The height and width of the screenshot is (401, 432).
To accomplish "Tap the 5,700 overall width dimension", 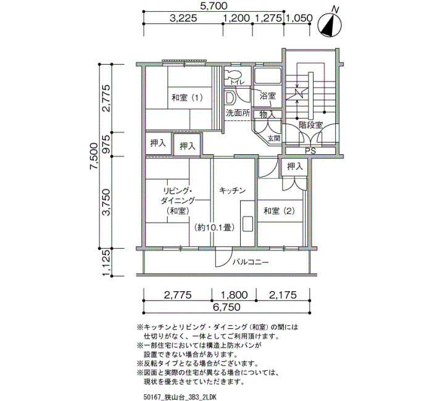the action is point(214,6).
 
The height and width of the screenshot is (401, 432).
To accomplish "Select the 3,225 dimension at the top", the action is point(183,18).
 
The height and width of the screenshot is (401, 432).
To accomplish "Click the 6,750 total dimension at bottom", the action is point(226,307).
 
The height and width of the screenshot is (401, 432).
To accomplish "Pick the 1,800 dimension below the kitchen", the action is point(234,295).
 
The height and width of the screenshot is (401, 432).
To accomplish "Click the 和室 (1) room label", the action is point(187,97).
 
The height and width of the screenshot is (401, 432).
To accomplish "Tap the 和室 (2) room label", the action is point(279,211).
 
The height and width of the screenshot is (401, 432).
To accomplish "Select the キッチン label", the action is point(232,190).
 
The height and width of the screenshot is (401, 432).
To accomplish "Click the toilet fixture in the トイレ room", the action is point(233,75).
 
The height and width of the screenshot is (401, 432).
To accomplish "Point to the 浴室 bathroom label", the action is point(268,96).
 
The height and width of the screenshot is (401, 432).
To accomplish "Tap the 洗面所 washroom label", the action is point(238,113).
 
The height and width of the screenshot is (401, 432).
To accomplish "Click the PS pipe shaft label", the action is point(310,151).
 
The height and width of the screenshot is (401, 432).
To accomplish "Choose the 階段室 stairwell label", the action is point(310,125).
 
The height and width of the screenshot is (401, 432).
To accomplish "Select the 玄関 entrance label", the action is point(274,138).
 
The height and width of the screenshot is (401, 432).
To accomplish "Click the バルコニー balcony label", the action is point(250,262).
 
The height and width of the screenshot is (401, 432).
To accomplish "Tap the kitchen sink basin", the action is point(247,225).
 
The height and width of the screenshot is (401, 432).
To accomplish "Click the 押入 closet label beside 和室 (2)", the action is point(295,167).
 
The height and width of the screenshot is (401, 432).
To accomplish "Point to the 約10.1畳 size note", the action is point(214,228).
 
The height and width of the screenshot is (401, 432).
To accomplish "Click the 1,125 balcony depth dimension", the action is point(107,262).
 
